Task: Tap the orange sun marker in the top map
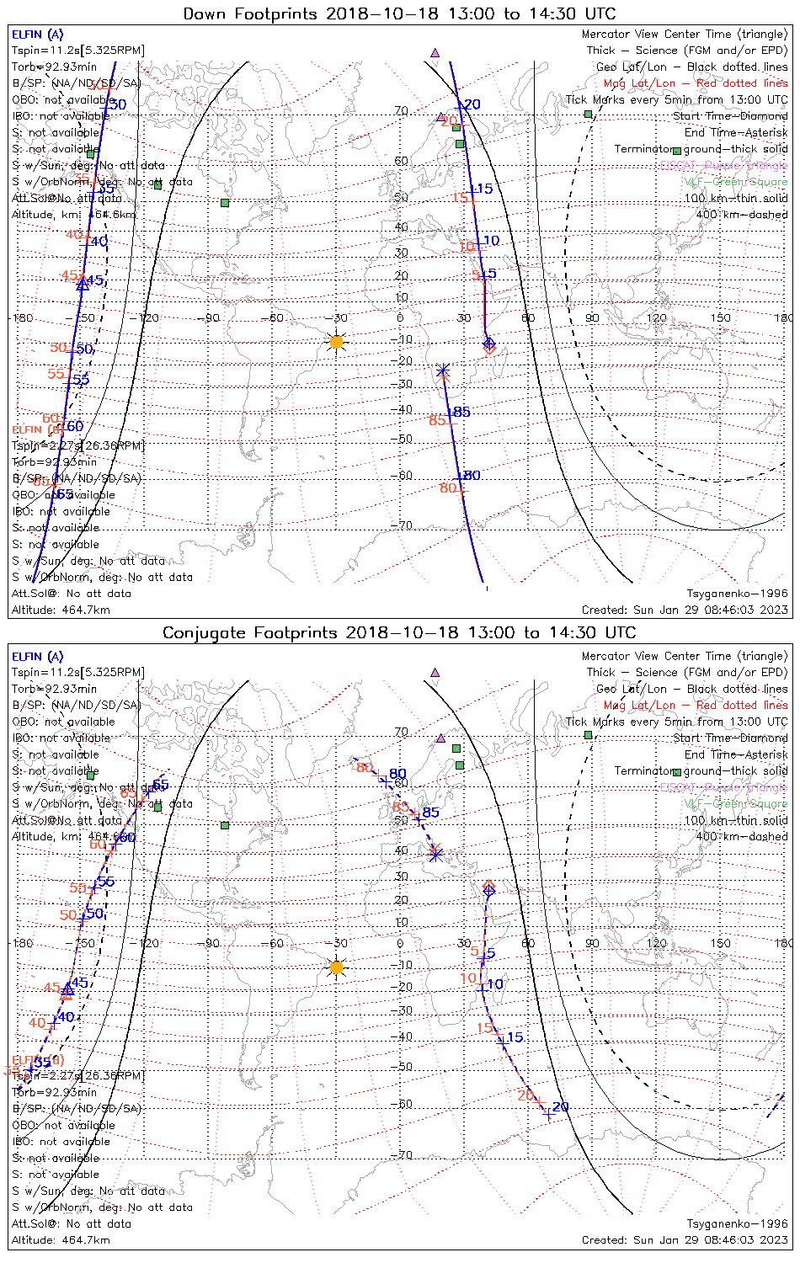[337, 342]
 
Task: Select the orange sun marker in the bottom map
[337, 968]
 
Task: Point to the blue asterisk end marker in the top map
[443, 370]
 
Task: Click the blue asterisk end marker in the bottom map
[435, 855]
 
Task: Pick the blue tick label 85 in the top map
[461, 412]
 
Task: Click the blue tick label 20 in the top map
[472, 104]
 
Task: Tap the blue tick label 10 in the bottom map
[495, 984]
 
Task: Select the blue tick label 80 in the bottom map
[397, 774]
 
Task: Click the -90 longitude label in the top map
[211, 317]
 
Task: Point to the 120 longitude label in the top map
[657, 317]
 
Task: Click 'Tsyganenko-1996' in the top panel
[737, 594]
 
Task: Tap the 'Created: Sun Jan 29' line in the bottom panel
[685, 1239]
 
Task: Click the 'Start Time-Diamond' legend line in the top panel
[730, 116]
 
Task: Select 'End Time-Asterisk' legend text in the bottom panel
[736, 754]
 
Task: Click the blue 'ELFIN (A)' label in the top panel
[37, 35]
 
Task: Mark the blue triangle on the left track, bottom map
[67, 990]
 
